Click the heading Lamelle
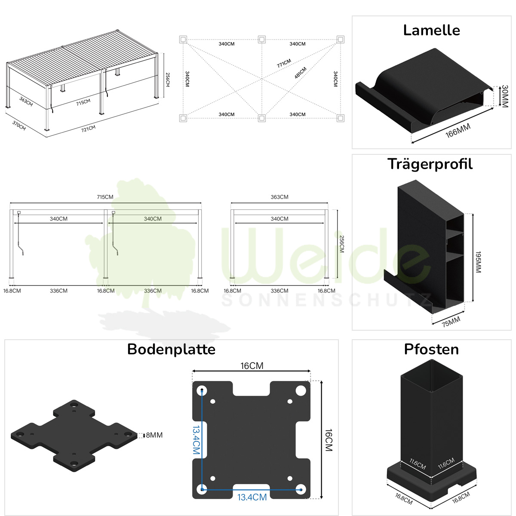pos(431,30)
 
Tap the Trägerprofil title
pos(430,164)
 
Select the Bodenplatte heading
pos(171,349)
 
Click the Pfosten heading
pos(431,349)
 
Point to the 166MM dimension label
pos(458,130)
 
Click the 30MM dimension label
pos(505,96)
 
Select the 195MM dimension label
pos(478,262)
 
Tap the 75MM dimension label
pos(451,321)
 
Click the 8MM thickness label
pos(154,435)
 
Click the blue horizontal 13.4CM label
pos(252,497)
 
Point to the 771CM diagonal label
pos(284,63)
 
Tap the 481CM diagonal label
pos(301,73)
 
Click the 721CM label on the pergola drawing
pos(89,128)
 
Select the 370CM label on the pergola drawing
pos(19,126)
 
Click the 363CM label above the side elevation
pos(279,197)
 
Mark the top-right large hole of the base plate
pos(301,391)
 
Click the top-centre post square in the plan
pos(261,40)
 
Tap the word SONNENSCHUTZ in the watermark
pos(327,300)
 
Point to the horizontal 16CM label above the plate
pos(252,366)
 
